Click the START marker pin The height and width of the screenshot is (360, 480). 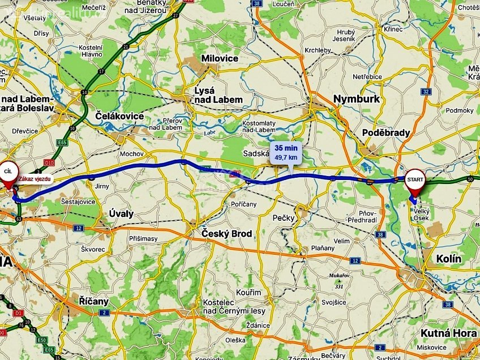pyautogui.click(x=415, y=180)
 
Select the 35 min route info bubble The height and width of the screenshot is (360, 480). pyautogui.click(x=286, y=152)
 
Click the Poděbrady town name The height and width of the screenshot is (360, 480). pyautogui.click(x=386, y=132)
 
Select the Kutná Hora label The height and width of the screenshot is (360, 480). pyautogui.click(x=449, y=333)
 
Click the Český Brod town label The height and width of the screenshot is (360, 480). pyautogui.click(x=227, y=233)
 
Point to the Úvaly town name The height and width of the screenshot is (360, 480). pyautogui.click(x=121, y=213)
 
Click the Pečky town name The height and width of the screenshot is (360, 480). pyautogui.click(x=284, y=217)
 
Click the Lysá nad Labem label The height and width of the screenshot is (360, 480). pyautogui.click(x=218, y=95)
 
